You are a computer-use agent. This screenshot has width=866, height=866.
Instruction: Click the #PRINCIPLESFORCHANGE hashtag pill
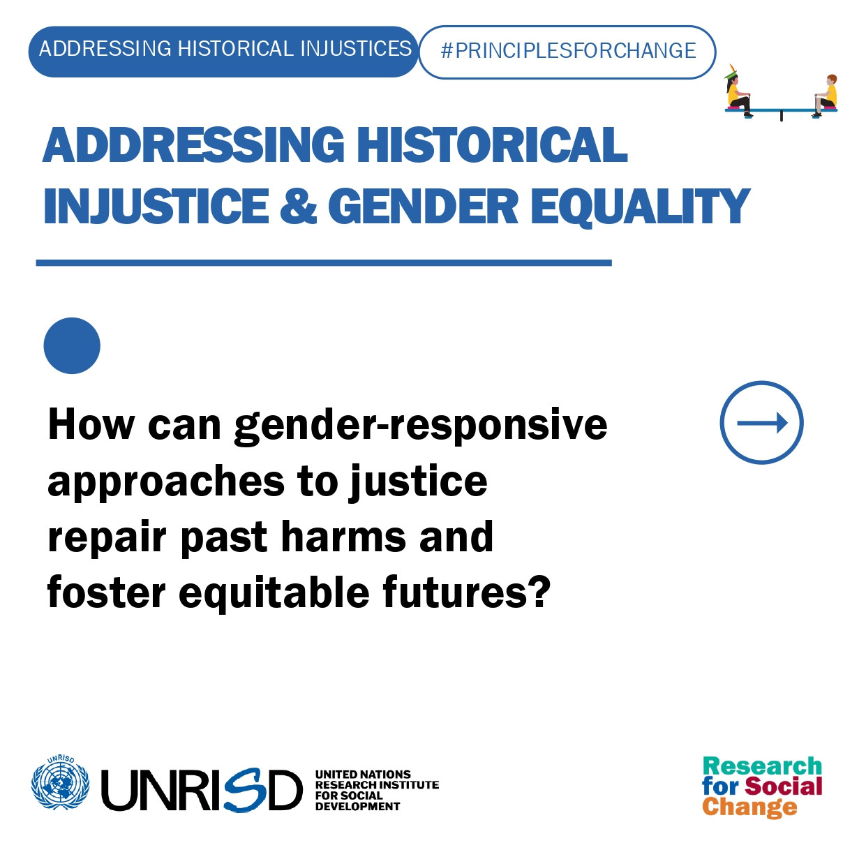(x=567, y=52)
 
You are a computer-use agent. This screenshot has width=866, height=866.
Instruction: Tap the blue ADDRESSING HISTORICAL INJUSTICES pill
(x=223, y=52)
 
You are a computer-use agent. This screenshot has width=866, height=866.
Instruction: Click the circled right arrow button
(x=762, y=422)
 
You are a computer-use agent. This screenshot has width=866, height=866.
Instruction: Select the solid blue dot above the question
(x=72, y=345)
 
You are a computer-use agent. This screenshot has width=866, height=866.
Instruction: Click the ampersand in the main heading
(x=299, y=206)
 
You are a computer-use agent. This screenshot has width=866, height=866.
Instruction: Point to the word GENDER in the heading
(x=424, y=206)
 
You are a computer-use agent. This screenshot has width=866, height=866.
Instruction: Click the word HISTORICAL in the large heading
(x=492, y=144)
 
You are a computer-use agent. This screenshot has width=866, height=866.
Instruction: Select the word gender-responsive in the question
(x=421, y=425)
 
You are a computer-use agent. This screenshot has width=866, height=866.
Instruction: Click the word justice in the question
(x=419, y=481)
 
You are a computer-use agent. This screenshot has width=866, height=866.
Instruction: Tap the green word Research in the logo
(x=762, y=766)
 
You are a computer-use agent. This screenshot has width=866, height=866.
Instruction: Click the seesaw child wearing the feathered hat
(x=738, y=91)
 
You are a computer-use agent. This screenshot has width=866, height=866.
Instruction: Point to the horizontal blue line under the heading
(x=324, y=263)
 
